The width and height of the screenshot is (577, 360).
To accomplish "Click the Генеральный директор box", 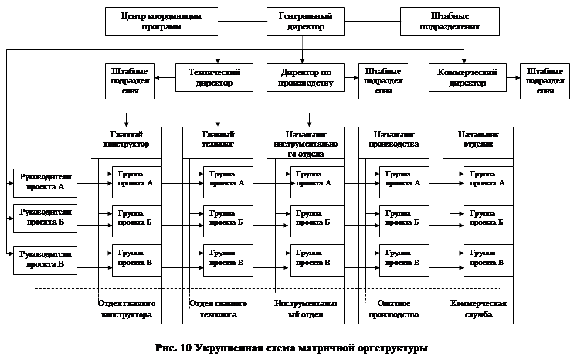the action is [x=303, y=21].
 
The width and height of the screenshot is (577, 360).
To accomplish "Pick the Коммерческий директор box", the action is [x=467, y=77].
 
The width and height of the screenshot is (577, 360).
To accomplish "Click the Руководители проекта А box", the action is [x=45, y=182].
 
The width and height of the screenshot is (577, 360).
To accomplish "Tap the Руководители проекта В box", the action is [x=45, y=260].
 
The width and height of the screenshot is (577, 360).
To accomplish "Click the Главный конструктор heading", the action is [x=126, y=139].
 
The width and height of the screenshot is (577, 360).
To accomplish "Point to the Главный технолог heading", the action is [x=218, y=139].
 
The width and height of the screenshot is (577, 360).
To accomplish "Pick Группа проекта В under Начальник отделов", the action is [x=488, y=258].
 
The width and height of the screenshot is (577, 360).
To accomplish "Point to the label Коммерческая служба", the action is [x=478, y=309].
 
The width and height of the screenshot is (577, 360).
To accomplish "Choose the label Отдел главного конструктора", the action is [x=126, y=309].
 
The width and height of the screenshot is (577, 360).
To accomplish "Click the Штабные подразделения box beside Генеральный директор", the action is [x=450, y=21].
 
